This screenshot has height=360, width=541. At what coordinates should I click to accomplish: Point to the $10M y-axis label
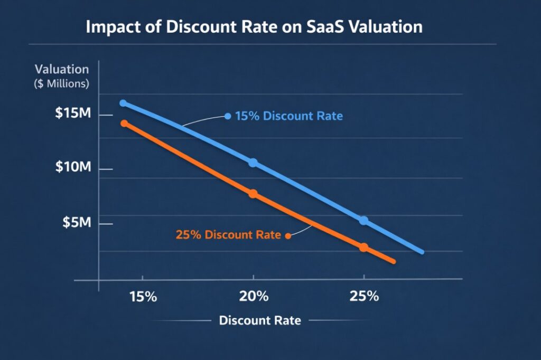[x=73, y=168]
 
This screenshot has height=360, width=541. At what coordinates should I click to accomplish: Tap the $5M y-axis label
[x=77, y=223]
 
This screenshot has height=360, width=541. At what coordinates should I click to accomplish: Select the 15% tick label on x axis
[x=143, y=296]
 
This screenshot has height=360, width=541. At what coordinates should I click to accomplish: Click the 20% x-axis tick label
[x=254, y=296]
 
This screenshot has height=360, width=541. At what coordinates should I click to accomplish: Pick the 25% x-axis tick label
[x=364, y=296]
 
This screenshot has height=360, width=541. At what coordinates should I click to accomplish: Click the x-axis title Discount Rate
[x=259, y=320]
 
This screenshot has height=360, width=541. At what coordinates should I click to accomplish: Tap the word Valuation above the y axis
[x=62, y=69]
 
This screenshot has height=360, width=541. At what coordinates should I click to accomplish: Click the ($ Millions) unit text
[x=62, y=83]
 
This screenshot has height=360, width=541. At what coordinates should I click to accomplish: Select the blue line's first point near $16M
[x=123, y=103]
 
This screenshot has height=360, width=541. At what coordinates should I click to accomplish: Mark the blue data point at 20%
[x=253, y=163]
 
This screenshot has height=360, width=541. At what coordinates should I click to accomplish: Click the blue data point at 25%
[x=363, y=220]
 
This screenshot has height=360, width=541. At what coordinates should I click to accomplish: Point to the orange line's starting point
[x=124, y=123]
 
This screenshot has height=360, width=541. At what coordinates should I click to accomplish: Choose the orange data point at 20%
[x=253, y=194]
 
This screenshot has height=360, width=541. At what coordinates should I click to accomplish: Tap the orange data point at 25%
[x=363, y=247]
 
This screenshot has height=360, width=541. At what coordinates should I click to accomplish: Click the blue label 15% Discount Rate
[x=288, y=116]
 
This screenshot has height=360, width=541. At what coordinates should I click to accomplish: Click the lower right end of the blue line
[x=422, y=252]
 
